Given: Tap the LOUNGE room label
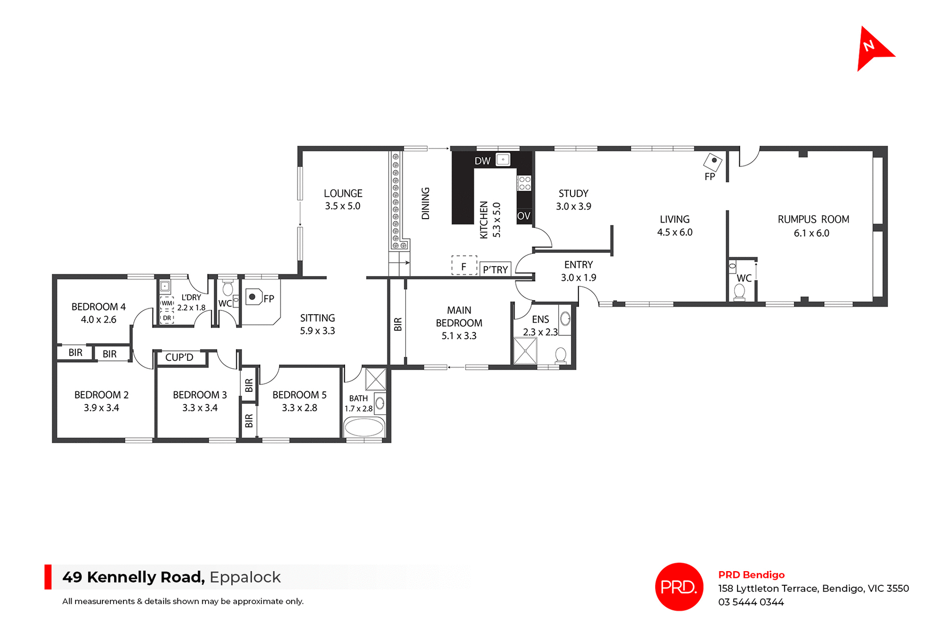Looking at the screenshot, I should (x=343, y=194).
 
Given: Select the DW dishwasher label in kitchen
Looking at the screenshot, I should (x=482, y=161).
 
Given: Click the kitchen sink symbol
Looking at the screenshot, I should (x=503, y=159).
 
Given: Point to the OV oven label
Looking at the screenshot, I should (x=523, y=216).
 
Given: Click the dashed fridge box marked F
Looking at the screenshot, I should (x=464, y=265).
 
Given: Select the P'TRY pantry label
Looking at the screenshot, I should (x=495, y=270).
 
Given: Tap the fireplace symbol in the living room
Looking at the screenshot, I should (x=713, y=161).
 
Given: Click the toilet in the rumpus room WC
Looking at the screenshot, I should (x=739, y=292).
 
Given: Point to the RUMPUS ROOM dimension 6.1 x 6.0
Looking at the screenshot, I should (x=812, y=233).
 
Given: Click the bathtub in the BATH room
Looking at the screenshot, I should (x=364, y=427).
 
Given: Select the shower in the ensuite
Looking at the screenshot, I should (x=525, y=351).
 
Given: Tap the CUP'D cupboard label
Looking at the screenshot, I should (x=179, y=357).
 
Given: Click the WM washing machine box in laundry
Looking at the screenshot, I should (x=167, y=303).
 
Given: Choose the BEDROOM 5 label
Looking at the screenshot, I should (x=299, y=395).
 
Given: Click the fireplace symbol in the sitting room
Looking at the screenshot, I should (x=253, y=297).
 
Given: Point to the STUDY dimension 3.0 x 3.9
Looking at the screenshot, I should (x=573, y=206).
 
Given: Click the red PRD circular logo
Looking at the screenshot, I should (x=679, y=586).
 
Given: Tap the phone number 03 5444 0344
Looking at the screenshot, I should (x=751, y=602).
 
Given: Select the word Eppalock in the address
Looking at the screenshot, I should (x=245, y=577).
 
